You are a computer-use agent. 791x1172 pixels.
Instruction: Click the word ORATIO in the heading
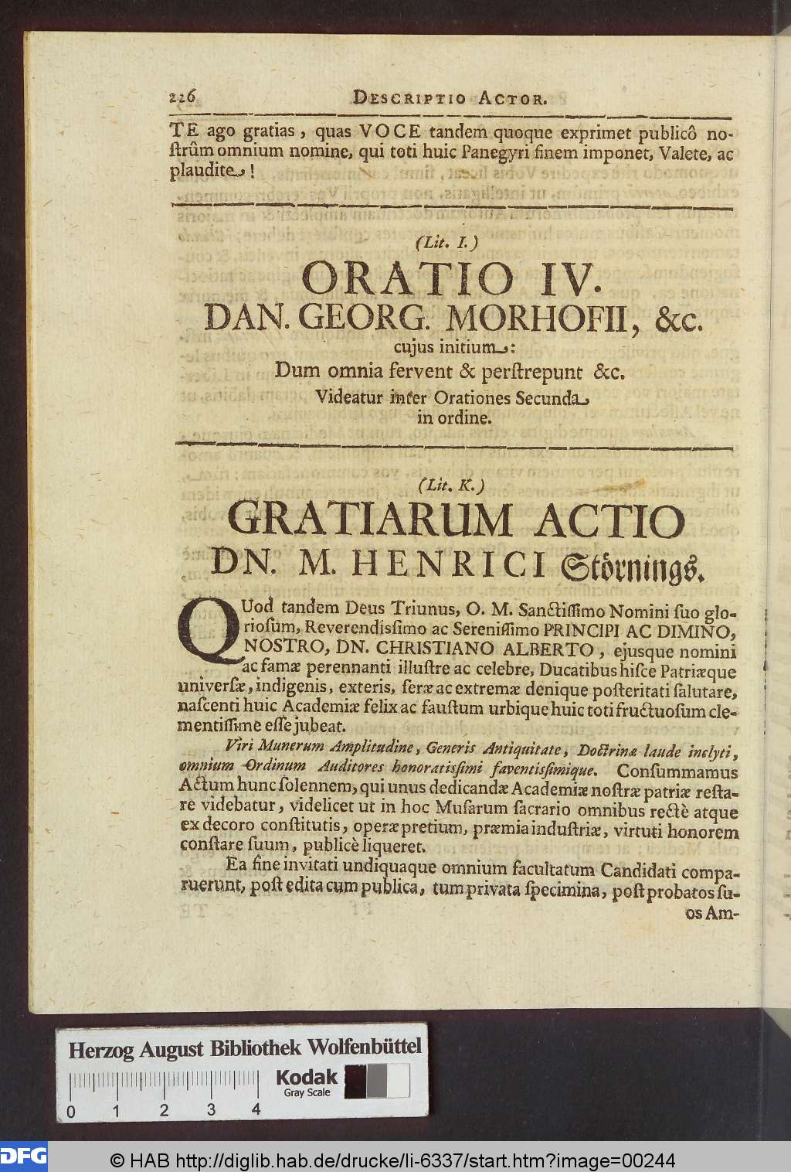(x=404, y=279)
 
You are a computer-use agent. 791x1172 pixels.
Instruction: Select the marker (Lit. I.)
(x=447, y=242)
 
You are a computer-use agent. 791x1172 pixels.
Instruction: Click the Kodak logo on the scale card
(x=307, y=1078)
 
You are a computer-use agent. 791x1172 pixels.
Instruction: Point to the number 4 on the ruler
(x=256, y=1110)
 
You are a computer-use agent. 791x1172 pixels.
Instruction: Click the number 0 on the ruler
(x=71, y=1112)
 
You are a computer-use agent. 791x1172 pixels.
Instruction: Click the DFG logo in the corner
(x=23, y=1157)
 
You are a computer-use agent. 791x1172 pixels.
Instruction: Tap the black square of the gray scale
(x=355, y=1081)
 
